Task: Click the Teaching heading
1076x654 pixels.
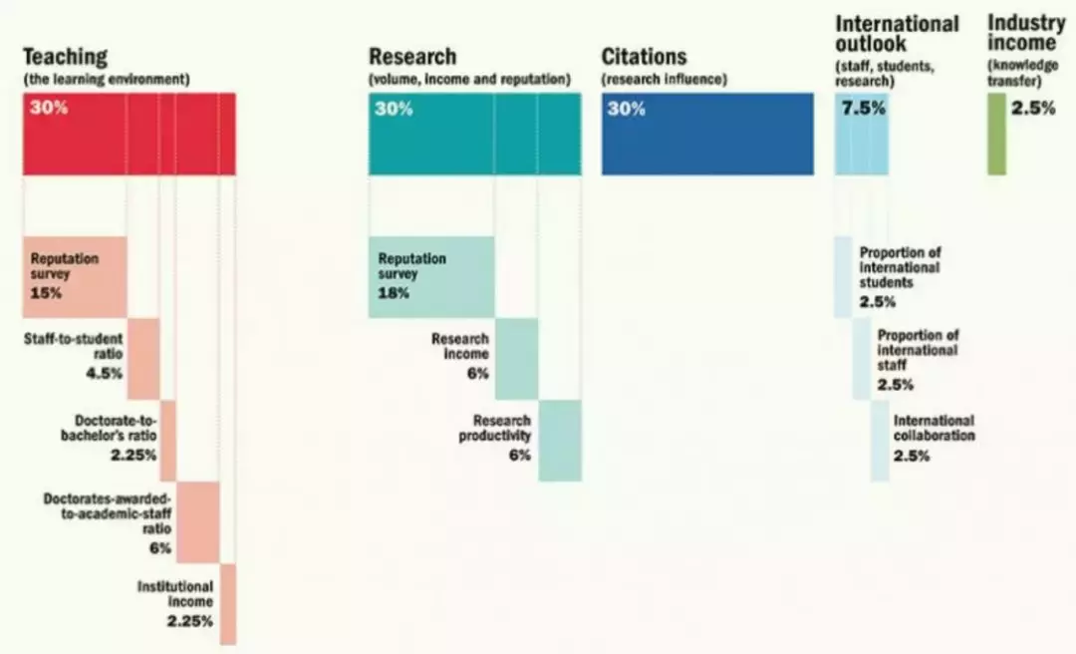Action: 65,57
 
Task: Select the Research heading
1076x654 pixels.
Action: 411,57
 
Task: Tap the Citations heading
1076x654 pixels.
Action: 644,57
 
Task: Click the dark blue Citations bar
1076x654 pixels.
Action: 707,134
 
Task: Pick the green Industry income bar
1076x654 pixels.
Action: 996,134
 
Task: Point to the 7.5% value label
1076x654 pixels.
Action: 863,109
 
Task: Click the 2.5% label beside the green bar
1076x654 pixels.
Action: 1033,109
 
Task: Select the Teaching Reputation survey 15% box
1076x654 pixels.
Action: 75,276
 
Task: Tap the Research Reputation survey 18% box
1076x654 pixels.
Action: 430,276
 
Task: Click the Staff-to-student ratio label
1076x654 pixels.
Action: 73,347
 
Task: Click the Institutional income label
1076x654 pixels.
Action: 174,594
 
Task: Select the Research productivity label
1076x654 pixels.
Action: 494,428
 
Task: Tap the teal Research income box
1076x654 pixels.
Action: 516,358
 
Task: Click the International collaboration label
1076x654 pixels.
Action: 934,428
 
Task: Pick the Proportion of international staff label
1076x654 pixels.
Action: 918,350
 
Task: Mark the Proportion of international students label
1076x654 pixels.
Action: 900,267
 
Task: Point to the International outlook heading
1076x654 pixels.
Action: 897,33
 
